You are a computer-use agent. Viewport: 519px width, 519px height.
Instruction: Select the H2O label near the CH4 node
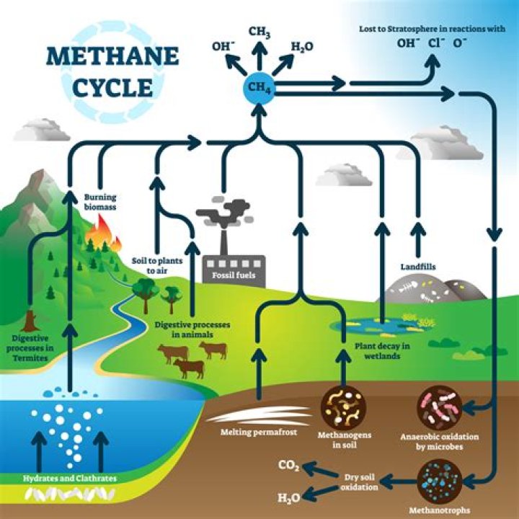302,47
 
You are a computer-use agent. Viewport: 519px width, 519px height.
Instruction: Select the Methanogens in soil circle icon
342,407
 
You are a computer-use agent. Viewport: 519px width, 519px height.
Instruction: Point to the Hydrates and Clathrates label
69,478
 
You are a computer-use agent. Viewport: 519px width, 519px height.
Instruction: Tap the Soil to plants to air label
152,265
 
